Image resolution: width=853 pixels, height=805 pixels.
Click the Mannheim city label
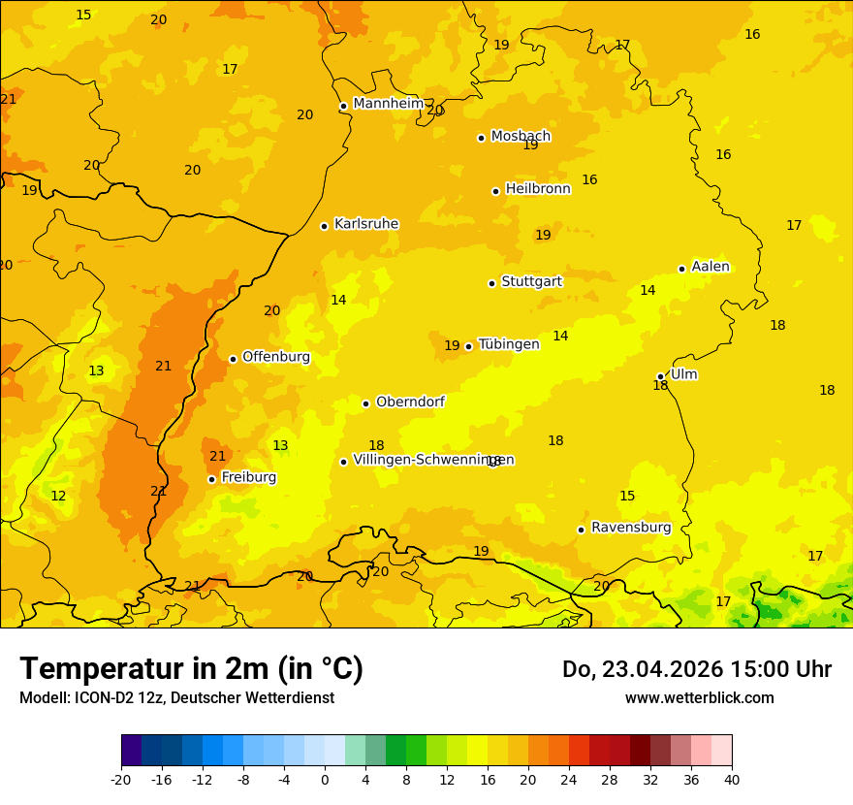(388, 104)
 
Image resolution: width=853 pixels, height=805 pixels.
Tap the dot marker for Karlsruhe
(324, 226)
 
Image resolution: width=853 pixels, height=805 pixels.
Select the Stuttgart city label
(531, 282)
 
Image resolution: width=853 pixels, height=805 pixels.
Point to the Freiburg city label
(248, 477)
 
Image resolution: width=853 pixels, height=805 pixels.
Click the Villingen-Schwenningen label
(433, 460)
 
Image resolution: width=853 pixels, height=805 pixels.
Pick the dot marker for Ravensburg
(581, 530)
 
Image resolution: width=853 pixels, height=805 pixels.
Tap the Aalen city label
(710, 267)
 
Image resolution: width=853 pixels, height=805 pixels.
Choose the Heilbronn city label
(538, 189)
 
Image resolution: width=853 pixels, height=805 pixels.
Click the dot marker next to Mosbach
(481, 138)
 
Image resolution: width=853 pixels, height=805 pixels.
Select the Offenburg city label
(276, 357)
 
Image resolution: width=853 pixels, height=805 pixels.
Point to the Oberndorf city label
(410, 402)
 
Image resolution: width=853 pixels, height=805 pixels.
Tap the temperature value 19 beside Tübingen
(452, 346)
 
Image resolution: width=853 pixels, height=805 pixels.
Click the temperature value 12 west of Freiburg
(58, 497)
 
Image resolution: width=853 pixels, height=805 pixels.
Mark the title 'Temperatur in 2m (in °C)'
(191, 669)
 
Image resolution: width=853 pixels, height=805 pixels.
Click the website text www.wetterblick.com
(699, 698)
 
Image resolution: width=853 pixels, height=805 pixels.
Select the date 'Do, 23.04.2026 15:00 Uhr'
(696, 669)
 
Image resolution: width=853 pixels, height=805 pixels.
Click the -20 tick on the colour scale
(121, 779)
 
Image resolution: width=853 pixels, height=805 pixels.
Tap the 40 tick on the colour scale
(732, 779)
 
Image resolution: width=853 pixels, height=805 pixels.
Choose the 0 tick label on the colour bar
(325, 779)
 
